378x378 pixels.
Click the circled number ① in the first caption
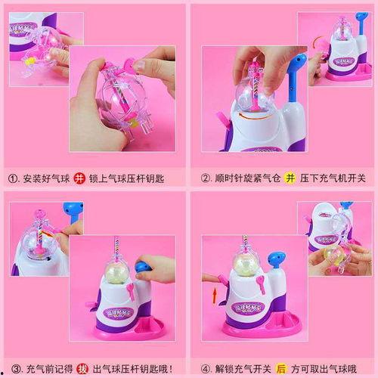tap(13, 178)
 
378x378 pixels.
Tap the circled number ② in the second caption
tap(204, 178)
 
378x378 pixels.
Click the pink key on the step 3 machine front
tap(129, 290)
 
